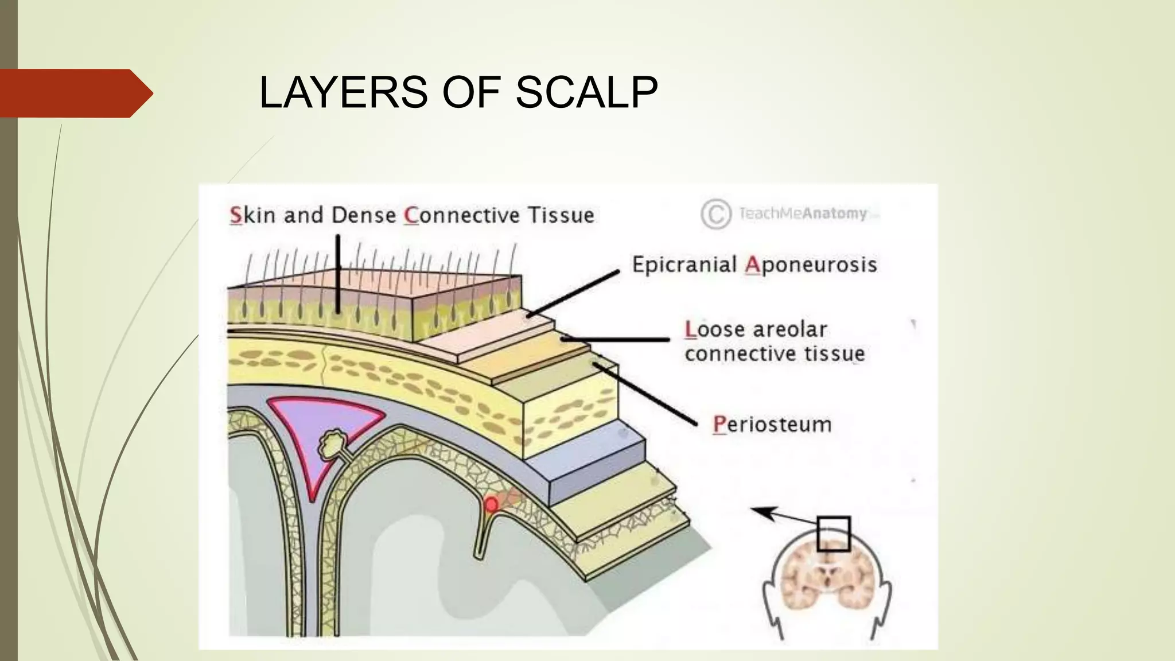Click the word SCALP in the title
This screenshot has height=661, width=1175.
point(586,92)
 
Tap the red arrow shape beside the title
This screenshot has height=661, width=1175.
point(75,93)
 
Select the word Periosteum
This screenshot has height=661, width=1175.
point(772,425)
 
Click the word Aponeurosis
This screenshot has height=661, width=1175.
point(811,265)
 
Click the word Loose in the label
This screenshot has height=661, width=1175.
point(713,329)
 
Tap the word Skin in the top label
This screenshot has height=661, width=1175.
point(252,215)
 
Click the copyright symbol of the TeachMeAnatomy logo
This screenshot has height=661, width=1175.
point(715,215)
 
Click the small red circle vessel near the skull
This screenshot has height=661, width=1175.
point(491,504)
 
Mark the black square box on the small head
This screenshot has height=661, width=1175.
point(833,534)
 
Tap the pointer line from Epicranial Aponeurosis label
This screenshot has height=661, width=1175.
point(574,293)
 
